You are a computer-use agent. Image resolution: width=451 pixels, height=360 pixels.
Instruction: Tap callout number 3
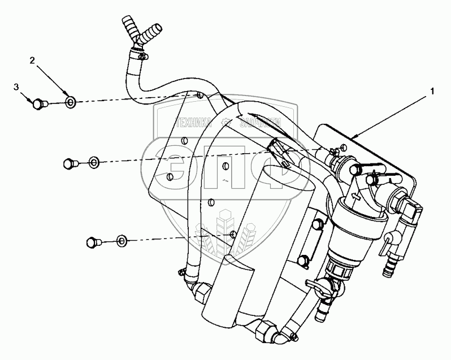click(17, 86)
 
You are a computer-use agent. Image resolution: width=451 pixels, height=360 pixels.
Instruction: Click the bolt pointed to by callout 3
click(39, 103)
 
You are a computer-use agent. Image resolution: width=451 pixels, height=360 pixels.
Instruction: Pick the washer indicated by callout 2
click(71, 102)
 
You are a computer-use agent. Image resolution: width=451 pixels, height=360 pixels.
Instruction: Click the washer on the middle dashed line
click(93, 163)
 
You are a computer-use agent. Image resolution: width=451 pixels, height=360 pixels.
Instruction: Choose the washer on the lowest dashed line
click(122, 241)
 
